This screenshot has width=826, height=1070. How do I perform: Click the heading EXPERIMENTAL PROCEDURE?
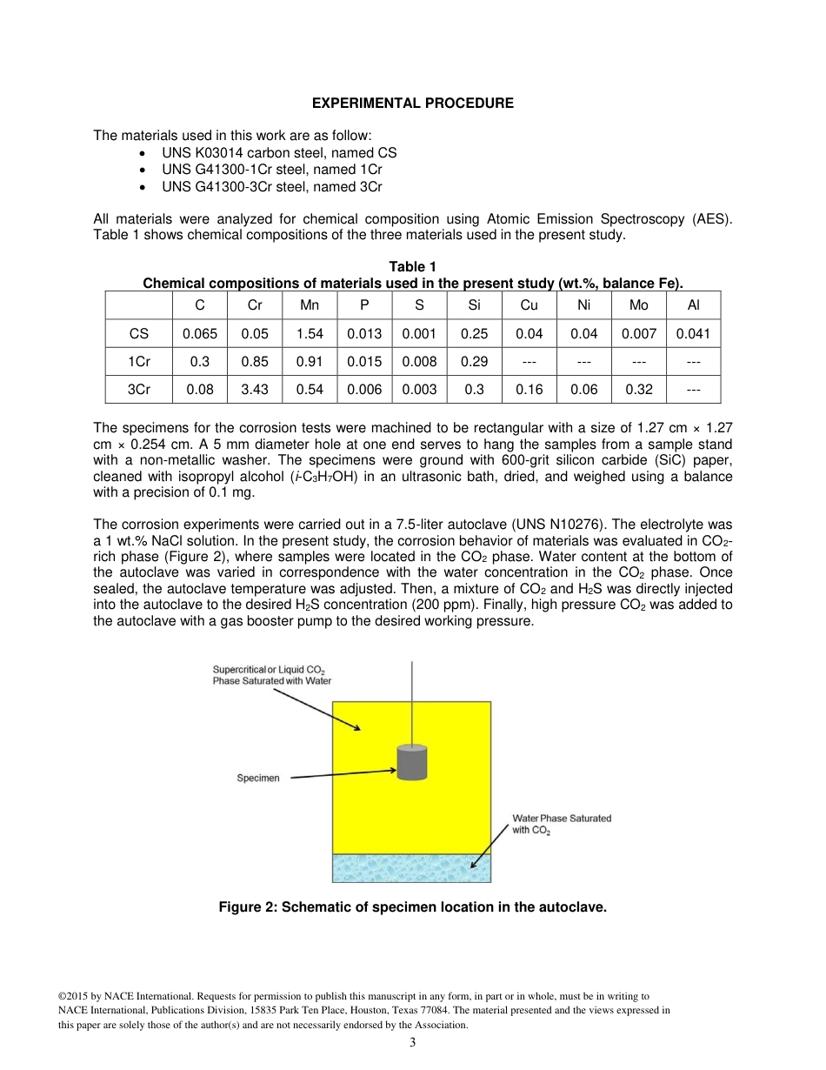coord(413,104)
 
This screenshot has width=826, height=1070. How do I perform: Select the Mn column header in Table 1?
coord(310,305)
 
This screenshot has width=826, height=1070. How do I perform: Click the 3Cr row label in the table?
coord(139,390)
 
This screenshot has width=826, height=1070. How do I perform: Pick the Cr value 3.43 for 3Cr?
coord(255,390)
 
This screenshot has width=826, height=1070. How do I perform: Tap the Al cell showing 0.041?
coord(693,334)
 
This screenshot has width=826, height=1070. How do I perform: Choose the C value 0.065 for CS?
coord(200,334)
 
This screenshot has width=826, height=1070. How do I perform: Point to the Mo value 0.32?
coord(639,390)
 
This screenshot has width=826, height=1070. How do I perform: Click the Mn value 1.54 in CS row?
coord(310,334)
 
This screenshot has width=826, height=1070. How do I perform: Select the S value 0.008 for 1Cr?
coord(420,362)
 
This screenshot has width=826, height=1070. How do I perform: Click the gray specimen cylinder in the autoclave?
coord(412,763)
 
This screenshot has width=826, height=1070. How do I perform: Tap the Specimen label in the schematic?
coord(258,778)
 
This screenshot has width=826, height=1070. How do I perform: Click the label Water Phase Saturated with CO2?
coord(562,824)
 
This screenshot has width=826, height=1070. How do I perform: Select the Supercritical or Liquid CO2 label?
coord(272,675)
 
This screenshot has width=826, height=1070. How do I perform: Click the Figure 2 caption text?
coord(412,907)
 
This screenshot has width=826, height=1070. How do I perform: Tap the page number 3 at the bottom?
coord(413,1043)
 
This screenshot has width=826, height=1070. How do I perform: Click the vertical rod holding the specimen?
coord(412,701)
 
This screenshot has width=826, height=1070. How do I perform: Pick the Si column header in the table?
coord(474,305)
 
